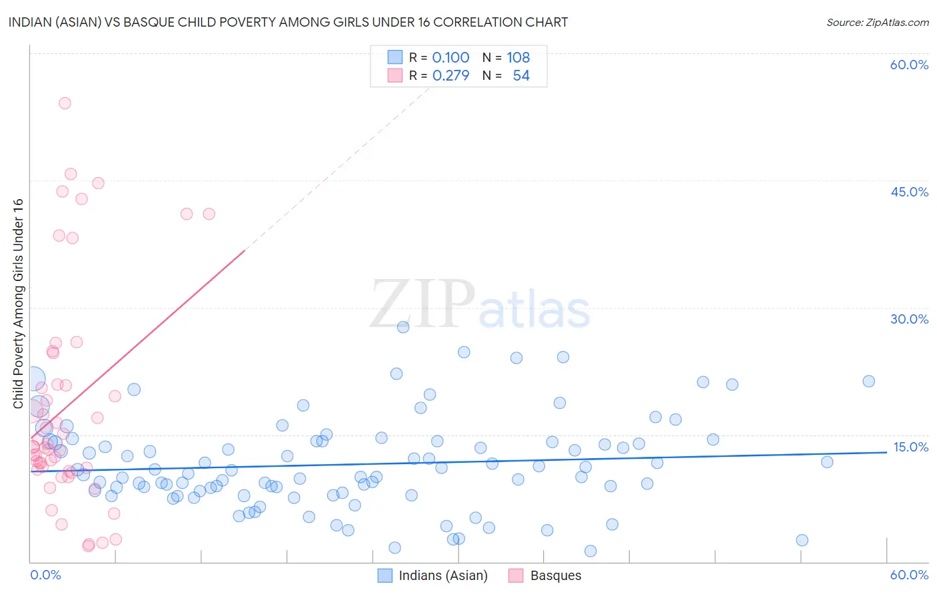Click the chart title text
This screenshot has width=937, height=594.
288,22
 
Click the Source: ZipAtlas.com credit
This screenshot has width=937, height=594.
877,22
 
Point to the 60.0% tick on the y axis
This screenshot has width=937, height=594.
909,65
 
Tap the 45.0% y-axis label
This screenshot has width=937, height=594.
909,192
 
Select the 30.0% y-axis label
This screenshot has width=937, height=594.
909,319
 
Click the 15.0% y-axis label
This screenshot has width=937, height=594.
910,447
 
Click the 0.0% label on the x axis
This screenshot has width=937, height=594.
45,575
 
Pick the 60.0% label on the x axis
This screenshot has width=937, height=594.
909,575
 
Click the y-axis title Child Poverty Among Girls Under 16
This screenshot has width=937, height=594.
18,304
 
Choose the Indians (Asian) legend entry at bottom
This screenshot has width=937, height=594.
443,575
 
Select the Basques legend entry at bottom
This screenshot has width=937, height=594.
555,575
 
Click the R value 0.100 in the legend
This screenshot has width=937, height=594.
451,58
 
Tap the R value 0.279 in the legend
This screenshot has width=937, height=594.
451,76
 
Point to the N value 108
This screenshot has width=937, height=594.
518,58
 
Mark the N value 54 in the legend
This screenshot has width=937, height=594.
520,76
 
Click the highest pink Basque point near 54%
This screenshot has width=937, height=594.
65,103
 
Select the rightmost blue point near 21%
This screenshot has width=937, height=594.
868,382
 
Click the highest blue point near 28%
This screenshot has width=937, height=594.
403,327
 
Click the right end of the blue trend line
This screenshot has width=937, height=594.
886,452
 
